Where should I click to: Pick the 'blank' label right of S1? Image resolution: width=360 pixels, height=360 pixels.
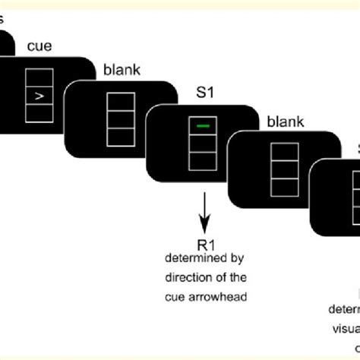tap(283, 120)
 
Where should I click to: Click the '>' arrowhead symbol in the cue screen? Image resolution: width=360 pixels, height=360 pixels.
tap(39, 96)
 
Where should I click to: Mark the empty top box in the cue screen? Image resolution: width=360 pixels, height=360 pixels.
tap(39, 77)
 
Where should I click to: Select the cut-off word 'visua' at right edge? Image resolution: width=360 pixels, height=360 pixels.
tap(346, 327)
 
